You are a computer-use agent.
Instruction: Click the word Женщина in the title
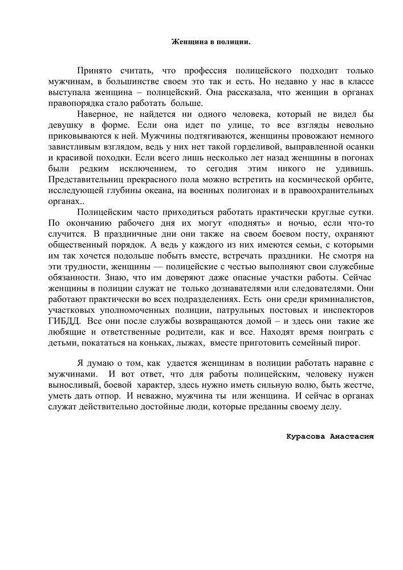pos(188,42)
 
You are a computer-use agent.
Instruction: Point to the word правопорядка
pos(72,103)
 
